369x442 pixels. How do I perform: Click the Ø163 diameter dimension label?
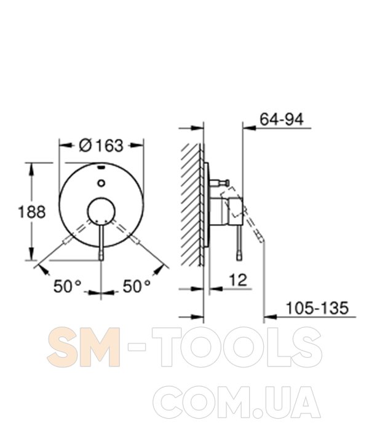click(x=101, y=145)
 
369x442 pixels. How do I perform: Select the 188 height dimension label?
click(x=31, y=212)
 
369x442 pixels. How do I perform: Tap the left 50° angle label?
click(x=67, y=287)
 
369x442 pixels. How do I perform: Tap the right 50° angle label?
click(x=137, y=287)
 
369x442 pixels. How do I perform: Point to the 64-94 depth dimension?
click(x=282, y=119)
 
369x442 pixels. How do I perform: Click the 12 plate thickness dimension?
click(x=238, y=280)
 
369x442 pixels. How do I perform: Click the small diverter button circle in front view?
click(x=101, y=183)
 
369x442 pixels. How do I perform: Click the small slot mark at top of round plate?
click(x=101, y=168)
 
